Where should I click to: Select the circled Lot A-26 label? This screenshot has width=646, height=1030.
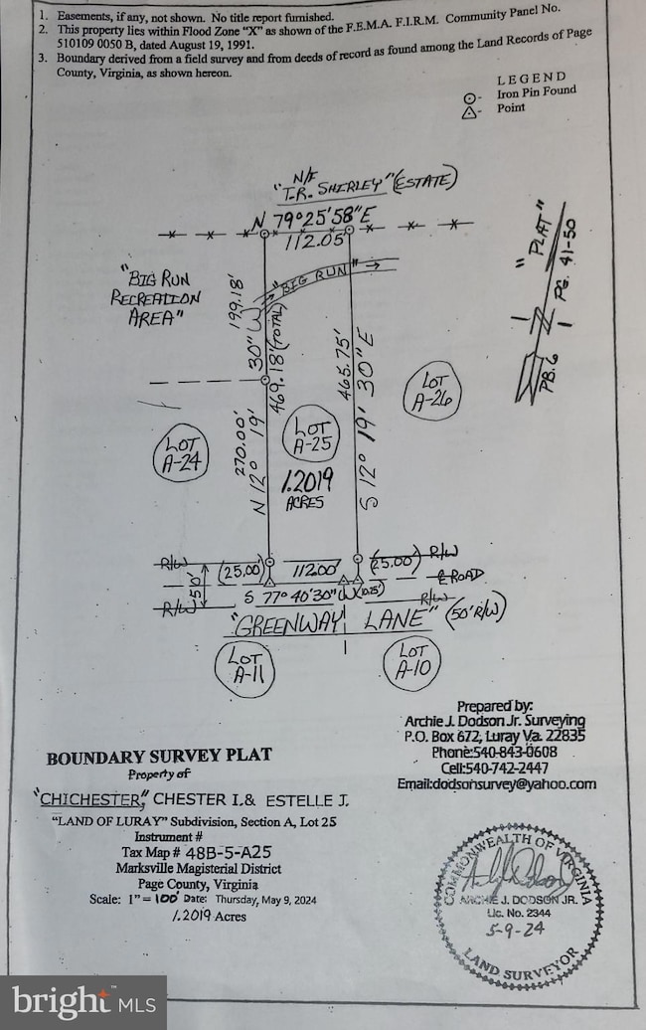(433, 390)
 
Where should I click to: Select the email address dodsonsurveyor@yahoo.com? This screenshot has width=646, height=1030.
(511, 783)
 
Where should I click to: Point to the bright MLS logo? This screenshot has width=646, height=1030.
(82, 1002)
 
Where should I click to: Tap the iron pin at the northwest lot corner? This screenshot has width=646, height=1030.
(264, 236)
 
